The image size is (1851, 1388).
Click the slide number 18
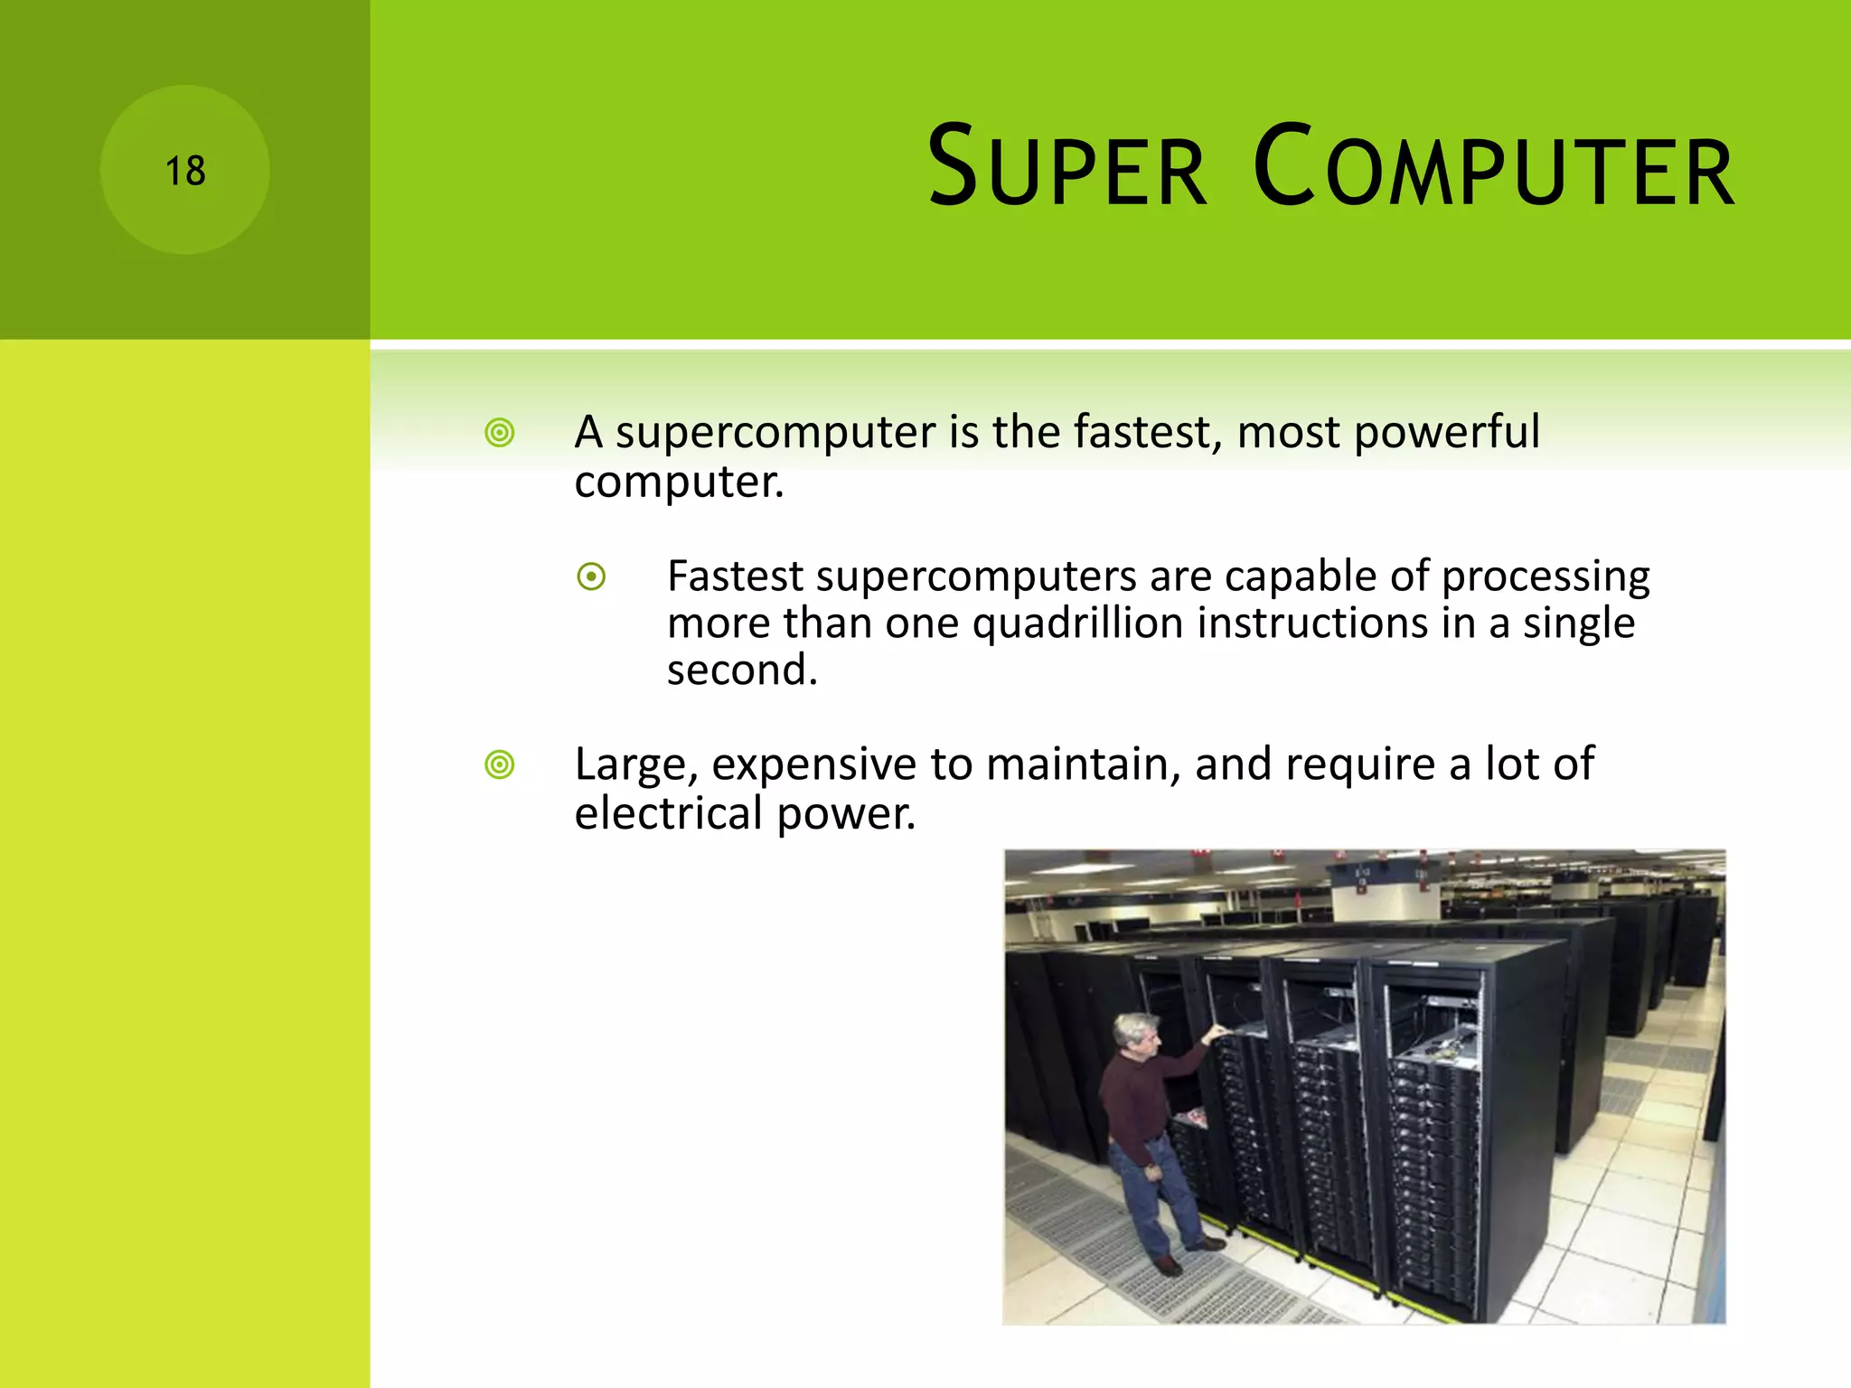coord(185,171)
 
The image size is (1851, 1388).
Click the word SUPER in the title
coord(1066,168)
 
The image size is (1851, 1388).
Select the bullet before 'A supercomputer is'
coord(499,433)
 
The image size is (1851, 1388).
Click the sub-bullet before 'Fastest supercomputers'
coord(591,577)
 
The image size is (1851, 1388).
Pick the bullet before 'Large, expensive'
coord(499,765)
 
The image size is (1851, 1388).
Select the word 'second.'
coord(742,671)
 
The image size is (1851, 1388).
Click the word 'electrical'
coord(669,813)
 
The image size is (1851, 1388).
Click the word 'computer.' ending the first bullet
coord(679,482)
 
